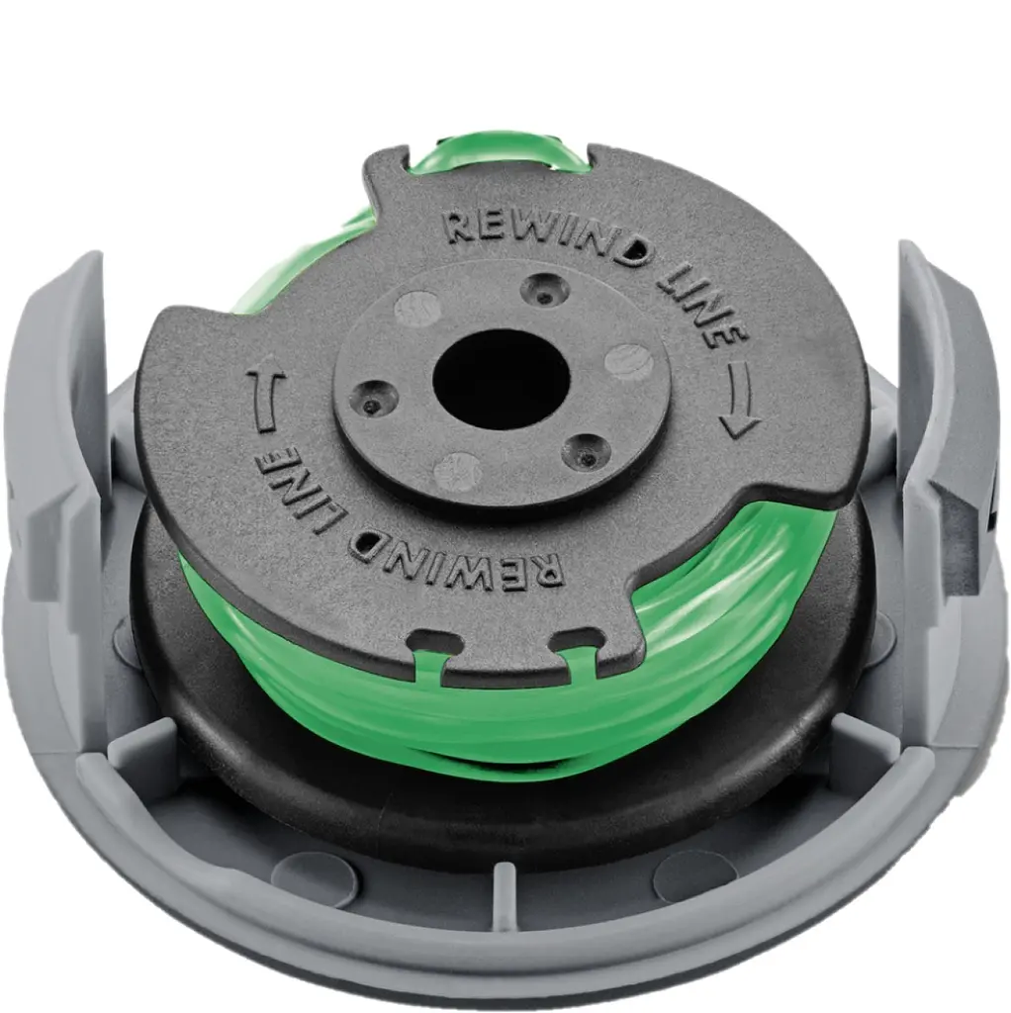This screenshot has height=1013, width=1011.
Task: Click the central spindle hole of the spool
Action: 502,379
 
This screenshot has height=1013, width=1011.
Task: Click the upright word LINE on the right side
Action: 703,305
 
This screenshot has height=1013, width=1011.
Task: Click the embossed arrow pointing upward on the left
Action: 266,400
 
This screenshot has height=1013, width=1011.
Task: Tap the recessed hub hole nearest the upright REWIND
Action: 546,291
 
